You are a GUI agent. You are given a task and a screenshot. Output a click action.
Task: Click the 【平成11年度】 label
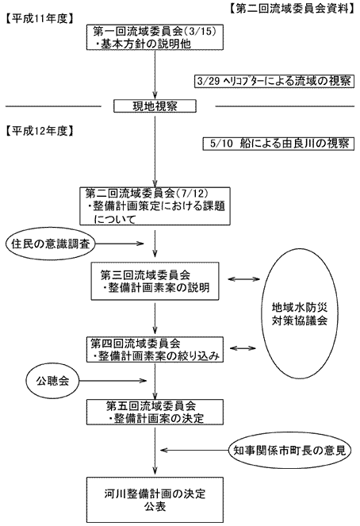coord(40,19)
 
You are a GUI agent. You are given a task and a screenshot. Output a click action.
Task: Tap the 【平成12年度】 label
coord(40,131)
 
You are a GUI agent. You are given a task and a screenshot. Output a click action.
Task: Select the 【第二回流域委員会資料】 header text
coord(292,9)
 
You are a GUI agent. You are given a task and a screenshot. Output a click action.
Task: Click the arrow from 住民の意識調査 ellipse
coord(119,244)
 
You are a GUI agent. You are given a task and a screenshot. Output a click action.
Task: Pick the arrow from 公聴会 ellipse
coord(113,381)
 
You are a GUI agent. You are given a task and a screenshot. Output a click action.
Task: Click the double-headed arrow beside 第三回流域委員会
coord(243,278)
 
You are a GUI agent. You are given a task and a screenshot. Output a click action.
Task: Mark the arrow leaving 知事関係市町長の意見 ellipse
coord(194,450)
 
